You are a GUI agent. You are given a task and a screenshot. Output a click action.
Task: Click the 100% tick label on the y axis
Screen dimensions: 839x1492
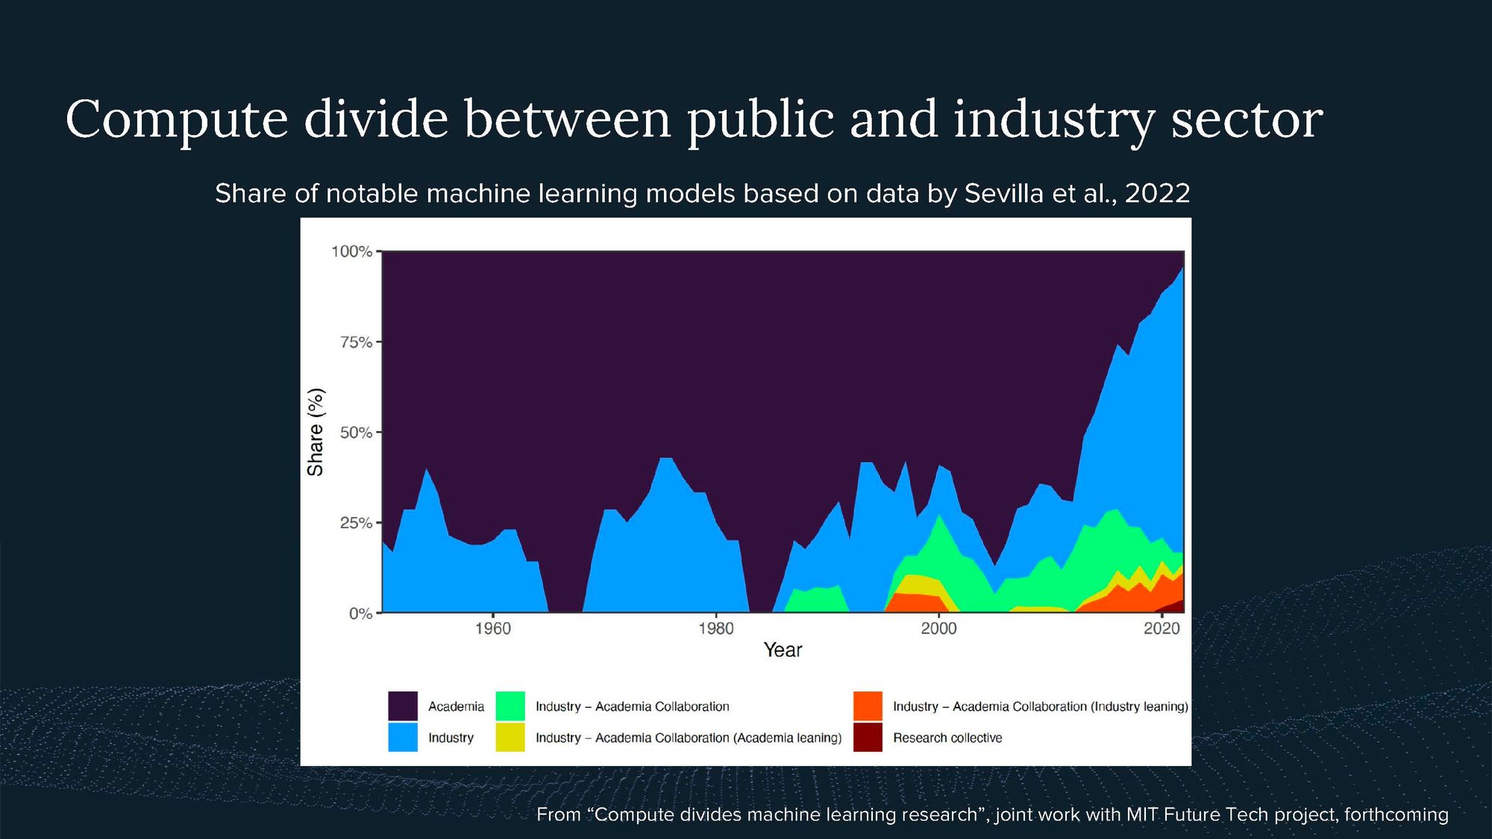tap(351, 251)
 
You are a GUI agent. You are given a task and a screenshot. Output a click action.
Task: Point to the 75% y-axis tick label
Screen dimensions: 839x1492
tap(355, 342)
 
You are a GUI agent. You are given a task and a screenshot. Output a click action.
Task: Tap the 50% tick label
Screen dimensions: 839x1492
tap(355, 433)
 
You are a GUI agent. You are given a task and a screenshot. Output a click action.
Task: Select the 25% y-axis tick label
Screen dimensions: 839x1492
tap(355, 523)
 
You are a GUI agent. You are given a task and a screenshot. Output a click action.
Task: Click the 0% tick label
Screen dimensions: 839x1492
tap(360, 614)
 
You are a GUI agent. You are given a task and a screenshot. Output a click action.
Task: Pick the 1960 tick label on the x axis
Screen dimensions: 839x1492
tap(493, 629)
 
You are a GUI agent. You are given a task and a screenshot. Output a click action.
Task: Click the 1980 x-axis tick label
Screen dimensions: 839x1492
tap(716, 629)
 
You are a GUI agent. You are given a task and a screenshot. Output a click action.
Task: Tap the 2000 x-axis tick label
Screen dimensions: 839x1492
tap(938, 629)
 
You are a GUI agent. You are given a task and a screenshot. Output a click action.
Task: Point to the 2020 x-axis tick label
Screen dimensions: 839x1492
tap(1162, 629)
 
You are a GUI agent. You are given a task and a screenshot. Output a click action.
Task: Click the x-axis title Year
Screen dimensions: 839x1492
tap(783, 650)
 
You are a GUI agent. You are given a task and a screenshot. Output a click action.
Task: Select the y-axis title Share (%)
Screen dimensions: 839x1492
tap(316, 433)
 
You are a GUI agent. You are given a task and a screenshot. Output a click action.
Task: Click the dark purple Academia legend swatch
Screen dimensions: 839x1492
tap(403, 706)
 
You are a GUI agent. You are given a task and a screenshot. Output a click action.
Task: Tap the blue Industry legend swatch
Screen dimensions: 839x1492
tap(403, 738)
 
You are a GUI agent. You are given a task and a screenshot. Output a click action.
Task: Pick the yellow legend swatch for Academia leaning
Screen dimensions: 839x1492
tap(510, 738)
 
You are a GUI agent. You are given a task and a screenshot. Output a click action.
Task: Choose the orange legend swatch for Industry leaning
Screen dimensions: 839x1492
tap(868, 706)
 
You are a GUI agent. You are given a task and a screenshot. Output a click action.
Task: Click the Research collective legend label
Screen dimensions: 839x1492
tap(947, 738)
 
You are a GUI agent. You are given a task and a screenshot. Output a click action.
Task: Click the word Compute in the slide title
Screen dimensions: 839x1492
tap(177, 119)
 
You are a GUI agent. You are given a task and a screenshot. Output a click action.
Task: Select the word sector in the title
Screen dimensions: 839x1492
tap(1247, 119)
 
